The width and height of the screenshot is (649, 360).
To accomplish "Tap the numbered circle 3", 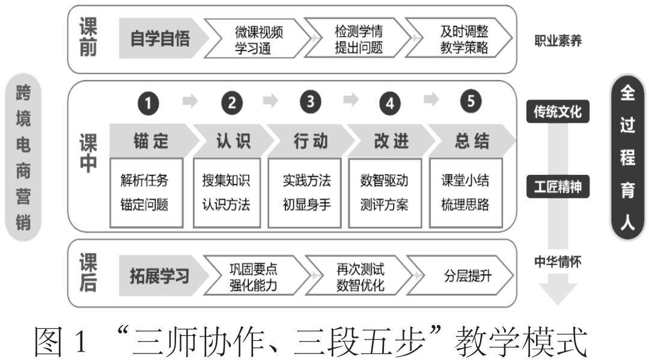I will (x=310, y=103).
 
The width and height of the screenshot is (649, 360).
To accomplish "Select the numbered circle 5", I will (x=471, y=103).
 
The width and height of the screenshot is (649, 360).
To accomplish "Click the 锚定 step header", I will (x=151, y=141).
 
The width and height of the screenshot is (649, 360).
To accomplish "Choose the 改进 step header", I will (x=391, y=141).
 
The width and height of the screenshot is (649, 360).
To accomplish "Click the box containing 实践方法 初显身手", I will (x=306, y=192).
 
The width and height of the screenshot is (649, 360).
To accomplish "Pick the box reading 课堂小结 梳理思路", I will (x=465, y=192).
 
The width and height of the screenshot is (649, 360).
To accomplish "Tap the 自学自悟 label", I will (x=160, y=40).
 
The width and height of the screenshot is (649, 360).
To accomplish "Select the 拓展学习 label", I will (x=160, y=276).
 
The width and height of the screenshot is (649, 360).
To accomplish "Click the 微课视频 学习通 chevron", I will (x=257, y=40).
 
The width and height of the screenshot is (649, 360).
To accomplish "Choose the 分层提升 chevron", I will (x=463, y=276).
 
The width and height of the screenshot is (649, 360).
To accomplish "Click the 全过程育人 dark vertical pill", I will (x=627, y=158).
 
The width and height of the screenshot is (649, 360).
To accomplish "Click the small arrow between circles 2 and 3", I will (x=271, y=101).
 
